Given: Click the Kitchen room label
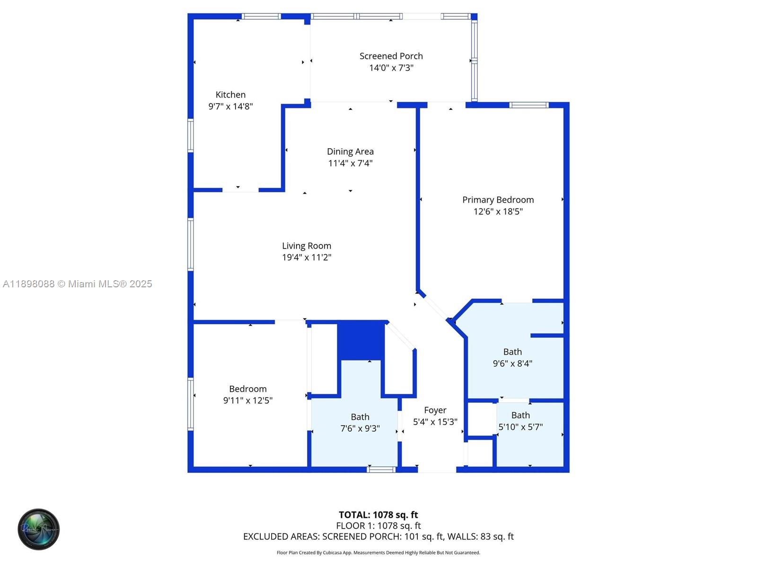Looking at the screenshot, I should pos(230,95).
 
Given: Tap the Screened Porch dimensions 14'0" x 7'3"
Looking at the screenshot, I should pos(391,68).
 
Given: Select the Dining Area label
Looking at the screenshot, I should pos(350,151).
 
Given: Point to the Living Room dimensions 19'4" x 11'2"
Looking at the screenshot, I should pos(307,257).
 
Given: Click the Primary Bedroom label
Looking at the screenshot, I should pos(498,200).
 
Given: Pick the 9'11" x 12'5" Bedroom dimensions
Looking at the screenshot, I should pos(247,400).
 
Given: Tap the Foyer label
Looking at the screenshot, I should pos(435,410).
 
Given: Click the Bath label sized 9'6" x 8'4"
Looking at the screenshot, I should pos(512,352).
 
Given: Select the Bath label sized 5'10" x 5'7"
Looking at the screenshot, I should pos(520,415).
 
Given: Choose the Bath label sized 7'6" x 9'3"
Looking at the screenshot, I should pos(360,417).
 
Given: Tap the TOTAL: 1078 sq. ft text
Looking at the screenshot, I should pos(378,515).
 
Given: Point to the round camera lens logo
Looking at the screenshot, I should pos(39,529).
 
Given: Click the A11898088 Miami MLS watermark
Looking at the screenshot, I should pos(78,284).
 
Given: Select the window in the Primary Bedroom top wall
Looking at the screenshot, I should pos(529,105).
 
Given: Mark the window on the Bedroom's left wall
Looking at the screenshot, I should pos(191,404).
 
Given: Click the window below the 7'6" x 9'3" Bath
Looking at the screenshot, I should pos(381,470).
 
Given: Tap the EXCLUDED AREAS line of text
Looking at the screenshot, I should pos(378,536).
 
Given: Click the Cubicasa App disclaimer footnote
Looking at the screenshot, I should pos(378,552).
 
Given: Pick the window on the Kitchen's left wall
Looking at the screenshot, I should pos(191,135).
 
